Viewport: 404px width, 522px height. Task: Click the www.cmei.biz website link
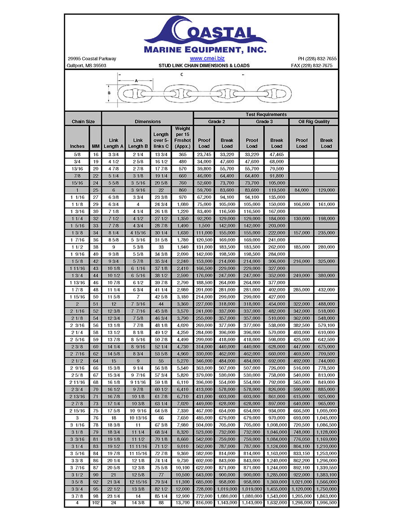tap(207, 58)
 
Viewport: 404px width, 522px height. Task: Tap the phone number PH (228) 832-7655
tap(317, 59)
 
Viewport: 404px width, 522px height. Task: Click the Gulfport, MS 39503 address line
tap(87, 65)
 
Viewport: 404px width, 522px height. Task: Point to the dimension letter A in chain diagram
tap(136, 81)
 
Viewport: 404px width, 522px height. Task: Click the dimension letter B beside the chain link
tap(109, 94)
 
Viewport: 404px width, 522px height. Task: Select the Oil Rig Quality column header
tap(314, 121)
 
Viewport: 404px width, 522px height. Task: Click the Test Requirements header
tap(266, 115)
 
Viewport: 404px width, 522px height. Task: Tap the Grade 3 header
tap(264, 121)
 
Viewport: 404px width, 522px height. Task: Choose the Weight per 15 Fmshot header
tap(182, 137)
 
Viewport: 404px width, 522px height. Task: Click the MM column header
tap(96, 146)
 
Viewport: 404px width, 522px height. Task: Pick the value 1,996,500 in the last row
tap(326, 503)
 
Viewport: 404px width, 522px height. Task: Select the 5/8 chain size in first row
tap(77, 155)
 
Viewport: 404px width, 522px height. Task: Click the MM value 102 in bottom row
tap(96, 503)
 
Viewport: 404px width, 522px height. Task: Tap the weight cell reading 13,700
tap(182, 503)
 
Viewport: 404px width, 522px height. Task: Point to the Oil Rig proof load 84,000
tap(302, 190)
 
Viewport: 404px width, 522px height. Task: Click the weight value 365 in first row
tap(182, 155)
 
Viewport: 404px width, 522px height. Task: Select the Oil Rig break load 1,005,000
tap(326, 410)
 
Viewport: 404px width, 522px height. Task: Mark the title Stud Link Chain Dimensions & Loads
tap(204, 65)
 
